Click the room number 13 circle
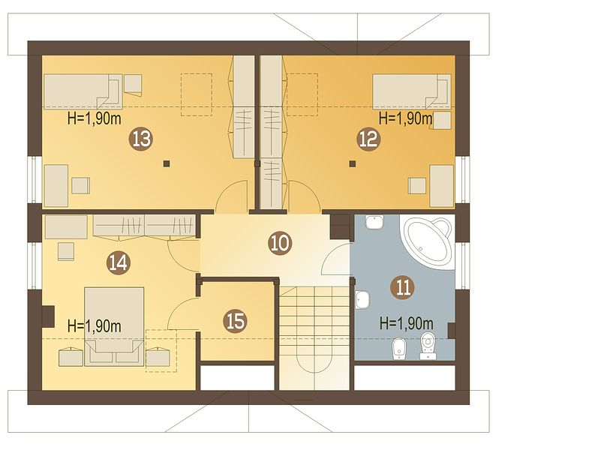pyautogui.click(x=141, y=139)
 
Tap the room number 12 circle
pyautogui.click(x=368, y=139)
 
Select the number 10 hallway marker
pyautogui.click(x=280, y=243)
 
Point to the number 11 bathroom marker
pyautogui.click(x=402, y=287)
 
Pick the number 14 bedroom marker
pyautogui.click(x=119, y=262)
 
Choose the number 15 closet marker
pyautogui.click(x=236, y=322)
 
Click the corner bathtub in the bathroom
pyautogui.click(x=427, y=241)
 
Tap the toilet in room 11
pyautogui.click(x=428, y=346)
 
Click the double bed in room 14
pyautogui.click(x=114, y=326)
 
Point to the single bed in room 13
pyautogui.click(x=83, y=91)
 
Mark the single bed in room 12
pyautogui.click(x=412, y=91)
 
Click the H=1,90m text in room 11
pyautogui.click(x=407, y=324)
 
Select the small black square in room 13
pyautogui.click(x=167, y=163)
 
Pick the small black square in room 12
pyautogui.click(x=353, y=163)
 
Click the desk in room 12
pyautogui.click(x=441, y=186)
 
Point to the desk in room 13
pyautogui.click(x=56, y=185)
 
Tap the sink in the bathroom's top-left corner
pyautogui.click(x=374, y=221)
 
